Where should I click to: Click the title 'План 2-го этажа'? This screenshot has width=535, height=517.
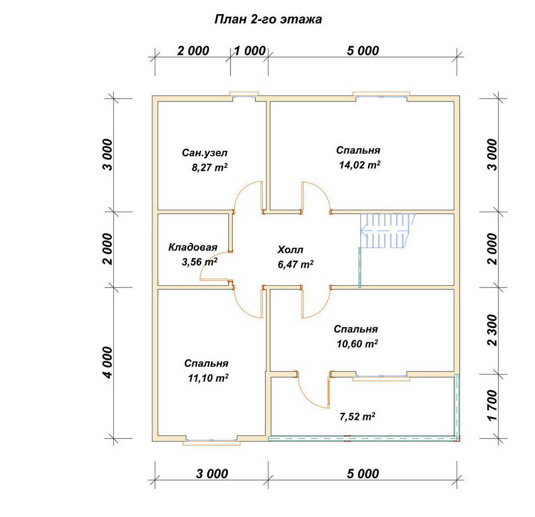coord(268,20)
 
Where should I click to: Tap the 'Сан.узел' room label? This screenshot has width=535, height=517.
coord(205,153)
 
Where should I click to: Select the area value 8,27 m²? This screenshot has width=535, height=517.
coord(210,167)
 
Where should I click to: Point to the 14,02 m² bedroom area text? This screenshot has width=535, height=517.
coord(360,165)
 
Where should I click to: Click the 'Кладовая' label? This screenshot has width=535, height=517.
coord(193,247)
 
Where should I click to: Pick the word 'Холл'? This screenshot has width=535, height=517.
coord(290,250)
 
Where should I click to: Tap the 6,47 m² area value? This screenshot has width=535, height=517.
coord(296,264)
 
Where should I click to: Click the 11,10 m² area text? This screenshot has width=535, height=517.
coord(208,378)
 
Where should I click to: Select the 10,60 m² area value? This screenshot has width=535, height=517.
coord(357,344)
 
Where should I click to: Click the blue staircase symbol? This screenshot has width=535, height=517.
coord(387,231)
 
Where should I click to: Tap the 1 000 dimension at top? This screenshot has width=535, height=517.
coord(250,51)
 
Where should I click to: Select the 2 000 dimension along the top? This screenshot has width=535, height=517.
coord(193,51)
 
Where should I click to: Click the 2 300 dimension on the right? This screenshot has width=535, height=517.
coord(492,330)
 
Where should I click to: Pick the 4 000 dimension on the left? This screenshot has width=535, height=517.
coord(107,362)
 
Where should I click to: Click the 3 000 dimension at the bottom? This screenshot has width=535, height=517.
coord(212,474)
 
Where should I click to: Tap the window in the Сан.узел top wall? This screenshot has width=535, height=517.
coord(244,96)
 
